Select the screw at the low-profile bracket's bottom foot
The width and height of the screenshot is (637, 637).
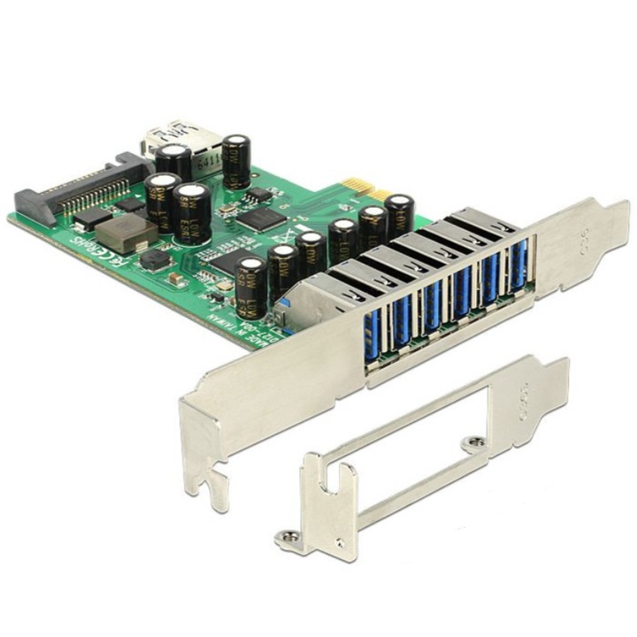(288, 536)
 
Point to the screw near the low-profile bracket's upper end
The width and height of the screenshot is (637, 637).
(478, 440)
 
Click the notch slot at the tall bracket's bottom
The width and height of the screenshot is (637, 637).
(211, 483)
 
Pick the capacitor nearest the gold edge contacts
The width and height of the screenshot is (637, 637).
(398, 215)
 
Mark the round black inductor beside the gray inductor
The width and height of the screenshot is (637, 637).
(157, 259)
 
